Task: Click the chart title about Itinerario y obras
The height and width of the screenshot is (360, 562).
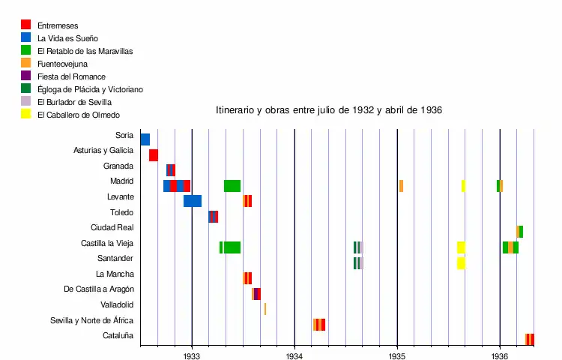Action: pyautogui.click(x=329, y=110)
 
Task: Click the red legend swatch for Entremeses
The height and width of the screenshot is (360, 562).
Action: pyautogui.click(x=25, y=25)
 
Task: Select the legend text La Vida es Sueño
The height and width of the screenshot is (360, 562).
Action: pyautogui.click(x=67, y=38)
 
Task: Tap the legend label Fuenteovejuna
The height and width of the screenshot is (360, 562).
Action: pyautogui.click(x=62, y=64)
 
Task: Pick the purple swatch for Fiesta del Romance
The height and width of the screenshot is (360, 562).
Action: pyautogui.click(x=25, y=76)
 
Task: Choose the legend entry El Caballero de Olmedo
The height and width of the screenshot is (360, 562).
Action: pyautogui.click(x=79, y=115)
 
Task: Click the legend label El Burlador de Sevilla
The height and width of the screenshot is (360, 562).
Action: pyautogui.click(x=74, y=102)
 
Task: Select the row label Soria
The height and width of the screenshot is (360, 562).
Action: pyautogui.click(x=124, y=136)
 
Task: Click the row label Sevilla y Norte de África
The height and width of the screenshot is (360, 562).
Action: pyautogui.click(x=91, y=320)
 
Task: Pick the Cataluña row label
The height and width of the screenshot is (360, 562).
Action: pyautogui.click(x=118, y=335)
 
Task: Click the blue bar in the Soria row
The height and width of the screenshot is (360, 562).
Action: pyautogui.click(x=145, y=139)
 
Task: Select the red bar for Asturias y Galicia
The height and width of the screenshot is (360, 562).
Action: pyautogui.click(x=153, y=155)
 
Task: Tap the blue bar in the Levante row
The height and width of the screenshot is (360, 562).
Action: pyautogui.click(x=192, y=201)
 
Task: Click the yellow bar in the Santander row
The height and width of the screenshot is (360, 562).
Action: pyautogui.click(x=461, y=262)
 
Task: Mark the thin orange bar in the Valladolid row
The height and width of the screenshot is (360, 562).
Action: pyautogui.click(x=265, y=309)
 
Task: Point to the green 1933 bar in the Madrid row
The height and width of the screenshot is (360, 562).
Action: pyautogui.click(x=232, y=186)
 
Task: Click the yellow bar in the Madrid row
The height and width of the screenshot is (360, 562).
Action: pyautogui.click(x=463, y=186)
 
